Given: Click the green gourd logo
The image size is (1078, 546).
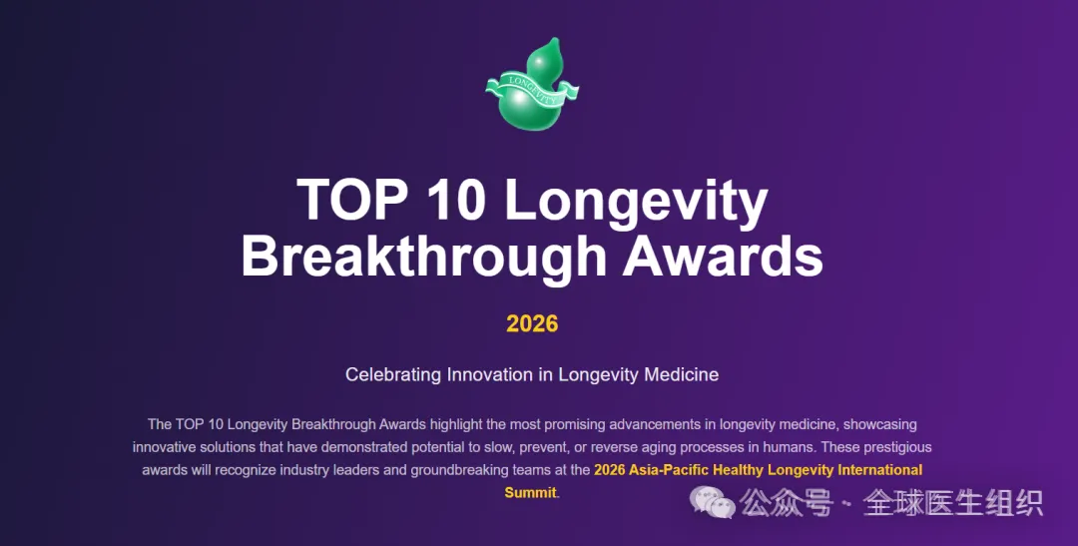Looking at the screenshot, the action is point(532,85).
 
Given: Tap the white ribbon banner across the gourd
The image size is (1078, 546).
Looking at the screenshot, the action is point(532,90).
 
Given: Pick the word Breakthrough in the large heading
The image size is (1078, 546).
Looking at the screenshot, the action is point(423,256).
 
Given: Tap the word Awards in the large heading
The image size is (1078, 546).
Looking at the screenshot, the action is point(723,256).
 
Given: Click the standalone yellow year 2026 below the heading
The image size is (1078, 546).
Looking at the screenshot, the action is point(532,323).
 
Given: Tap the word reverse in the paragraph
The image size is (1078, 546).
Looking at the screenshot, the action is point(614,447).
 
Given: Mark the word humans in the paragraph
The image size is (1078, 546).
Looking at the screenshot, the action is point(790,447).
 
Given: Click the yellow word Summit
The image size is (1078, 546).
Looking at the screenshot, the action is point(531,492).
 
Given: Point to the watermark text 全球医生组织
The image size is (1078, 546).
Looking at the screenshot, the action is point(953,503).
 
